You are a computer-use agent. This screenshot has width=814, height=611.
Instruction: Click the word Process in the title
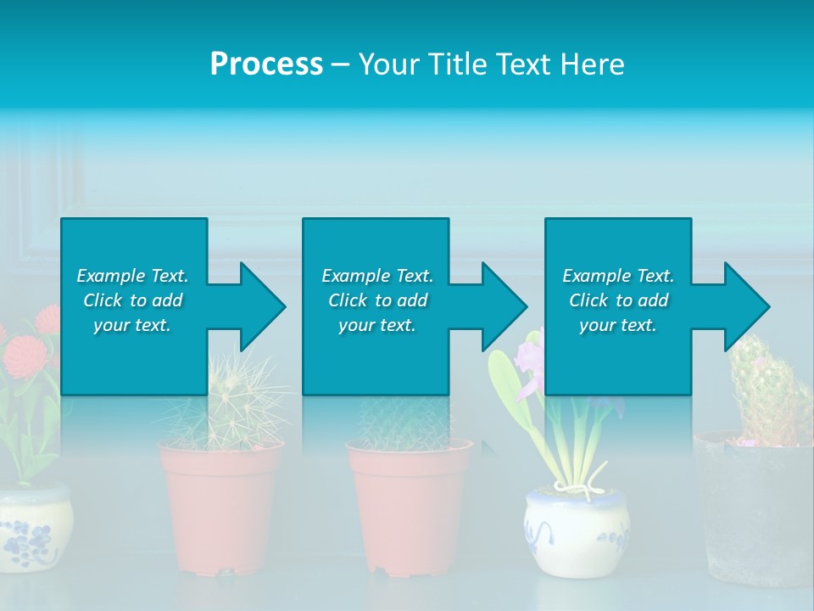point(266,64)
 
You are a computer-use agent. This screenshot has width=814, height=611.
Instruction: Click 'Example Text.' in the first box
point(132,276)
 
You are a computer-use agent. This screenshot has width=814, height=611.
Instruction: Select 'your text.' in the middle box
point(376,325)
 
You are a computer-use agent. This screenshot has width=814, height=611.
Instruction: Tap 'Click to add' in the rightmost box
point(618,300)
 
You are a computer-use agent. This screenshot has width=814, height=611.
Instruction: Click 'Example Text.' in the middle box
point(376,276)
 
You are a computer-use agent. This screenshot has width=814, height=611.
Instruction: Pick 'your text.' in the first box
point(132,325)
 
